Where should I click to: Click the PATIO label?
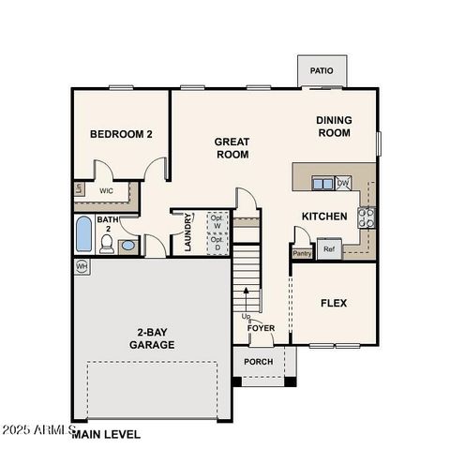click(322, 70)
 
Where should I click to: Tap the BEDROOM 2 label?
click(121, 134)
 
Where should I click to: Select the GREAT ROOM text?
click(232, 148)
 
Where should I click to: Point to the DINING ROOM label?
click(333, 127)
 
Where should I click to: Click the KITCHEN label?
click(324, 217)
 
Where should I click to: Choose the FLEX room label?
click(334, 303)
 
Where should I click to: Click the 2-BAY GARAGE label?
click(151, 338)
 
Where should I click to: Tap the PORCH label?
click(259, 361)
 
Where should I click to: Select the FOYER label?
click(261, 328)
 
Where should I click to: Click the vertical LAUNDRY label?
click(189, 232)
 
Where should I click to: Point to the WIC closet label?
click(107, 191)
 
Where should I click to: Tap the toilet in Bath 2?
click(107, 245)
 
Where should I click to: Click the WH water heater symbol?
click(81, 267)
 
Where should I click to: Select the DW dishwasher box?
click(343, 183)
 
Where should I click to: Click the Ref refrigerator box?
click(328, 248)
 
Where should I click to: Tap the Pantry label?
click(302, 253)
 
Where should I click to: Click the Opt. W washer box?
click(217, 221)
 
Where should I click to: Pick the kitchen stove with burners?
click(367, 217)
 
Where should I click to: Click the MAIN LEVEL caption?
click(105, 434)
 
